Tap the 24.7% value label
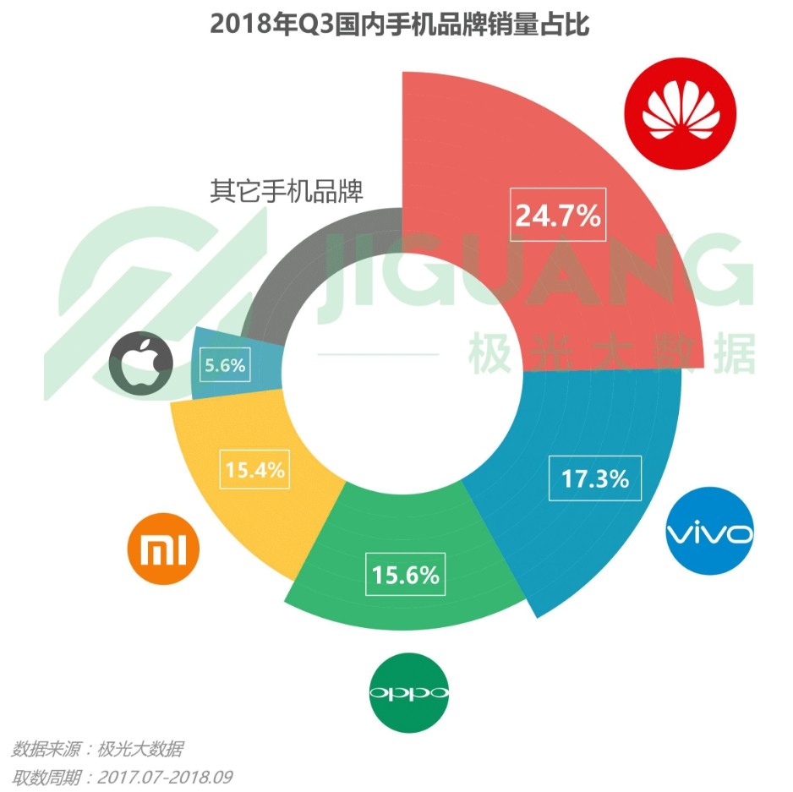point(558,216)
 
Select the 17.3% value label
point(595,478)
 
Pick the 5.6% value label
point(224,366)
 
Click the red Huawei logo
point(680,115)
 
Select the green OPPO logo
point(410,693)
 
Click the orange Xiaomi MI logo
point(163,549)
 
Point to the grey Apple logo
point(140,361)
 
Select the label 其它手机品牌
point(287,191)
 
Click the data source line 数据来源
point(97,748)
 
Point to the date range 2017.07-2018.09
point(165,776)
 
